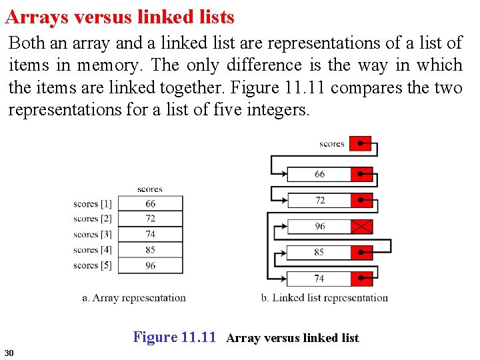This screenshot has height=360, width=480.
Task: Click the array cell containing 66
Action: [151, 203]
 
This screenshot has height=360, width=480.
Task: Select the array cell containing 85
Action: [151, 250]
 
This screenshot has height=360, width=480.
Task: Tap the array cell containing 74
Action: [151, 234]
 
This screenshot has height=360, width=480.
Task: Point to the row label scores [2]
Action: [93, 219]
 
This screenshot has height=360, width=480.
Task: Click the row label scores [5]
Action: [93, 265]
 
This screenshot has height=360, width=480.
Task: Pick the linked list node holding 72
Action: [320, 200]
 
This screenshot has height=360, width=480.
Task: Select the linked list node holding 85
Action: [319, 253]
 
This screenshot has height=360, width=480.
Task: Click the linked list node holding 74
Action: [319, 279]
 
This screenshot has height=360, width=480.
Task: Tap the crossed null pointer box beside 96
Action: [362, 227]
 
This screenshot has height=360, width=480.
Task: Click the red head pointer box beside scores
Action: [361, 143]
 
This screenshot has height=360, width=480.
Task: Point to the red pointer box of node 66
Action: [362, 174]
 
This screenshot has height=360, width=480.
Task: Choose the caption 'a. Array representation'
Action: [134, 298]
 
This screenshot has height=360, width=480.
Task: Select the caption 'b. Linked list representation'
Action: [325, 298]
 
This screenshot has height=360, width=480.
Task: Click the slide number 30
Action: [9, 352]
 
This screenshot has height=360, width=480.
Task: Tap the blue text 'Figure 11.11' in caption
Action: [175, 337]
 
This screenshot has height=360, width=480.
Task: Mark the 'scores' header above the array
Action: [150, 189]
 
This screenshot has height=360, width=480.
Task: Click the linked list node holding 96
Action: [320, 227]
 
